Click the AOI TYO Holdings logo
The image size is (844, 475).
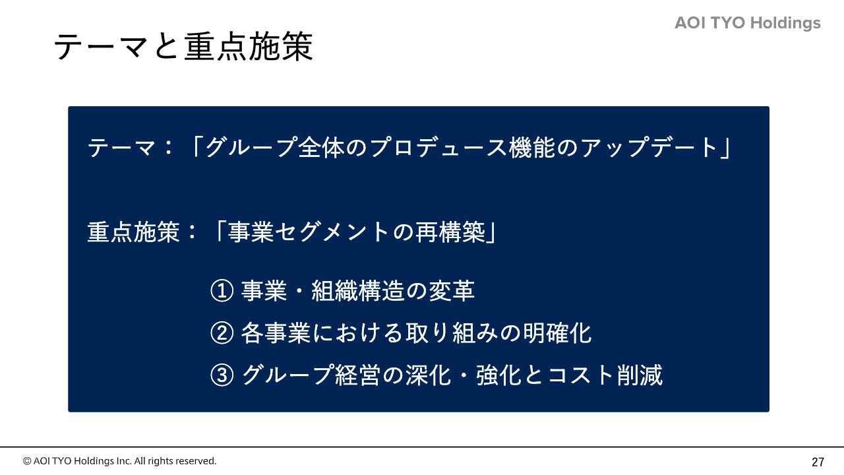coord(748,23)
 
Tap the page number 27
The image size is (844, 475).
coord(818,462)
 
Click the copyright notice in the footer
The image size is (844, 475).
coord(119,461)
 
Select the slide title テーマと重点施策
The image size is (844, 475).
coord(183,46)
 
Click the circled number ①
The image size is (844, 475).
coord(222,291)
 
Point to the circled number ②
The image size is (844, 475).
coord(222,333)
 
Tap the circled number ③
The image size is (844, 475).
coord(222,375)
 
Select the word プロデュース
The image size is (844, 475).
coord(438,147)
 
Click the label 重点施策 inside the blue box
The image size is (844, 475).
coord(133,232)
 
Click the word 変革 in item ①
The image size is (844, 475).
coord(452,291)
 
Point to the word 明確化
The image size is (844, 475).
coord(557,333)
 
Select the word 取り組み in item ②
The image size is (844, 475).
coord(452,333)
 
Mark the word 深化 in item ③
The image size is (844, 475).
coord(428,375)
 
